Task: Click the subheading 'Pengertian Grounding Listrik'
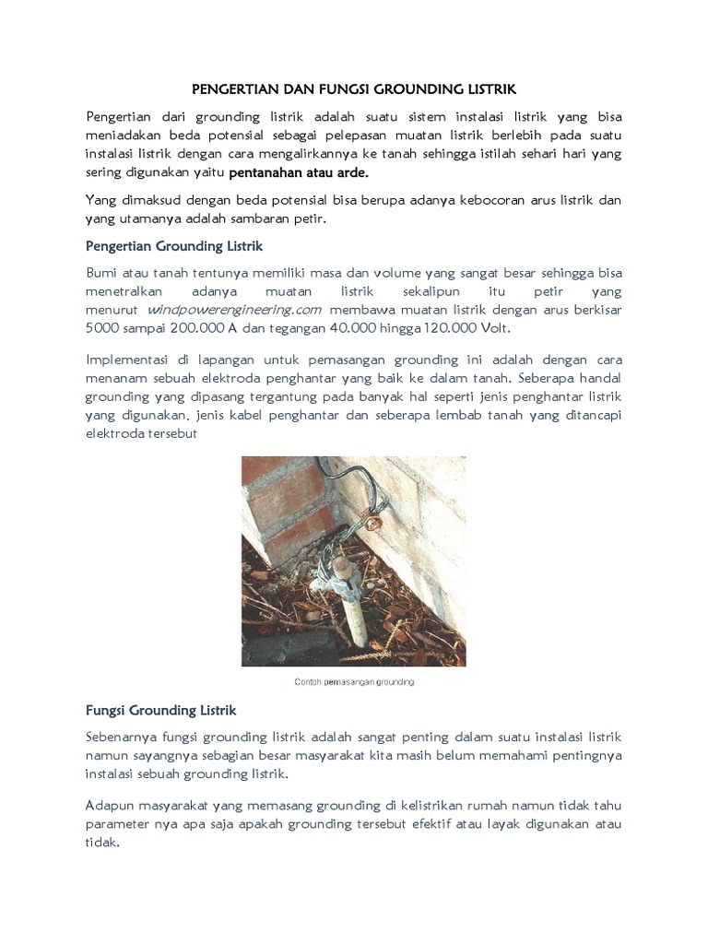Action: (174, 246)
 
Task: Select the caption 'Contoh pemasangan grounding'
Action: (354, 681)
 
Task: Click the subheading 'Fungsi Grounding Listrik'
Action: (161, 711)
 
